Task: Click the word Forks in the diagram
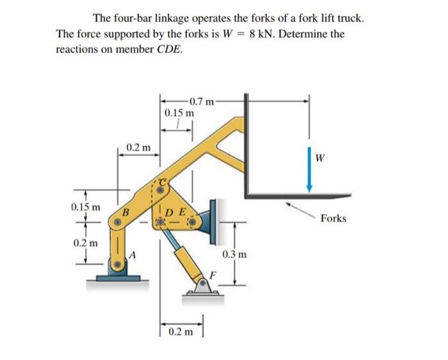(333, 219)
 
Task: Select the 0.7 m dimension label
(204, 100)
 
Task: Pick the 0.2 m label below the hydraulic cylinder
(180, 333)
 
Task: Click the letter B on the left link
(126, 211)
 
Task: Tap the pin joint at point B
(117, 223)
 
